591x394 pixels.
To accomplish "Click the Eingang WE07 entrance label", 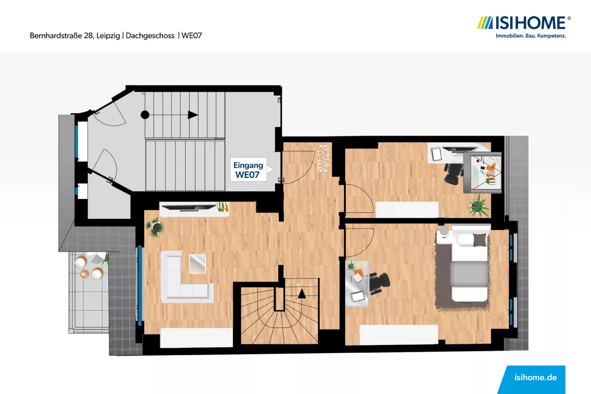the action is (248, 170).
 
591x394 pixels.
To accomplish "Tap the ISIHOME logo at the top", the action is (524, 27).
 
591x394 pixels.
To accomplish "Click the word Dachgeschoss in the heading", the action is (150, 36).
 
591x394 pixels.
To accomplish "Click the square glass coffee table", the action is (197, 263).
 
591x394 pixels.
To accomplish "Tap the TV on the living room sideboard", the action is (189, 208).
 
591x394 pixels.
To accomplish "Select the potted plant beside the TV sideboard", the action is (155, 227).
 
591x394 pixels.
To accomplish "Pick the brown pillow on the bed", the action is (479, 240).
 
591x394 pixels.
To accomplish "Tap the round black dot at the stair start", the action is (145, 115).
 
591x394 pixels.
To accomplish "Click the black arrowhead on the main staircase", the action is (193, 115).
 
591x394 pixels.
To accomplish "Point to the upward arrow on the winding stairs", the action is (302, 294).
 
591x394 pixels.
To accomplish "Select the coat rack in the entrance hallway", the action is (323, 159).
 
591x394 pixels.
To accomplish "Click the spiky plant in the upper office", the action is (478, 205).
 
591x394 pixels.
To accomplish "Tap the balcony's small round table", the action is (85, 274).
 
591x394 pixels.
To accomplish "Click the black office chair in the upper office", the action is (454, 173).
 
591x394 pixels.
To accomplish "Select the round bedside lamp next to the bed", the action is (444, 230).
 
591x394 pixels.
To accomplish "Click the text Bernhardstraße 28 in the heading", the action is (62, 36).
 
